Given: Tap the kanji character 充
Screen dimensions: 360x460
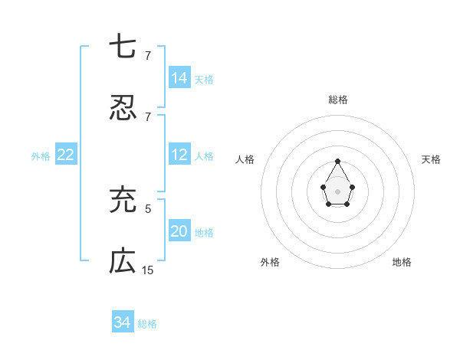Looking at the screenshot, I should [123, 198].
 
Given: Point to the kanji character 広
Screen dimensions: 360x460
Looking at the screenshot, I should [123, 262].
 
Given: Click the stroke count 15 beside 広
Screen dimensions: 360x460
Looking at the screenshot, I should [148, 270].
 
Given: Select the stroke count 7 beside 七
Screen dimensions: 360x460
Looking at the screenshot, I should [148, 55].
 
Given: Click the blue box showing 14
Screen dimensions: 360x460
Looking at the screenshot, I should [179, 77].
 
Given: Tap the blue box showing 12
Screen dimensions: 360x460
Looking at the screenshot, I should [179, 155].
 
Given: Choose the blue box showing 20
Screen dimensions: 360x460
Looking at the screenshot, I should [179, 231].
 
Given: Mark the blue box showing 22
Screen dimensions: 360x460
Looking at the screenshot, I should [66, 155].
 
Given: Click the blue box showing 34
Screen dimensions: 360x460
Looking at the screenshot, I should [123, 322].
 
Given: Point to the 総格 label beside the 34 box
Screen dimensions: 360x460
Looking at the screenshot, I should [147, 324].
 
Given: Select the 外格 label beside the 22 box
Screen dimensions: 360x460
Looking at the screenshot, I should [41, 156].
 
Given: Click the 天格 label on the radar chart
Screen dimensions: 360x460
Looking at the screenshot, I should [432, 159].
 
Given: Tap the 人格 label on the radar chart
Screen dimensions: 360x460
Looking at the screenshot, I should [245, 159].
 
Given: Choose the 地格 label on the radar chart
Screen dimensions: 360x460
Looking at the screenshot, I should [402, 262].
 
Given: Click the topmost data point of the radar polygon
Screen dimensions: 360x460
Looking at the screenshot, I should [337, 161].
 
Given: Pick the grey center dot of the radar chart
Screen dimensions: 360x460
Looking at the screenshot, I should [337, 191].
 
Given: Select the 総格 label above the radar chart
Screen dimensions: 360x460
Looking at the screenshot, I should [338, 100].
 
